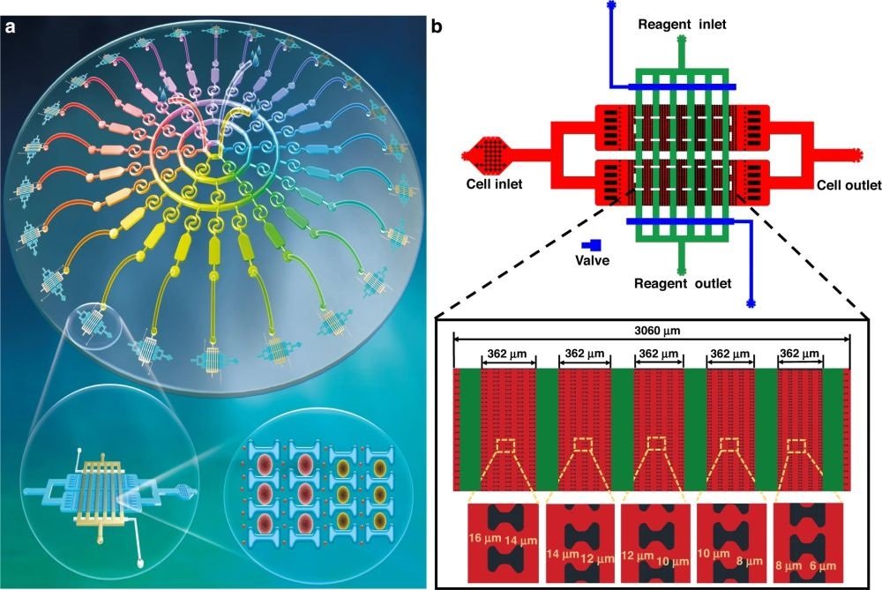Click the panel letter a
pos(11,27)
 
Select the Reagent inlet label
pos(683,25)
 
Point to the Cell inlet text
pos(495,185)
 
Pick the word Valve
pos(594,260)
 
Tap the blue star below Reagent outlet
pos(751,302)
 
